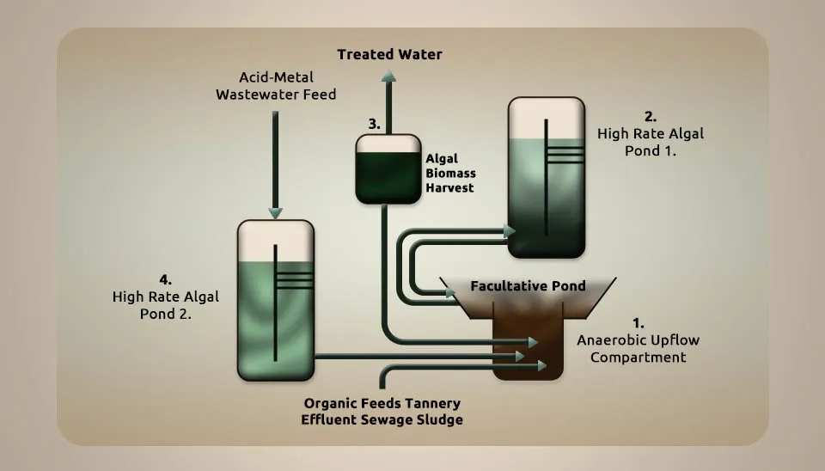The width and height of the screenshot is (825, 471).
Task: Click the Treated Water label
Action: pyautogui.click(x=389, y=54)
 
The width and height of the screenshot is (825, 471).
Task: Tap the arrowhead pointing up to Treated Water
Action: pyautogui.click(x=388, y=76)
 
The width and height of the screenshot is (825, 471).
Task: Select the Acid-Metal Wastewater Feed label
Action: pyautogui.click(x=276, y=86)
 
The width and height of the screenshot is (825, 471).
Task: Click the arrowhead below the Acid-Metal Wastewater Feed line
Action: pyautogui.click(x=275, y=213)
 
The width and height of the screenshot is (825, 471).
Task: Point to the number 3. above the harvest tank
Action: pyautogui.click(x=374, y=125)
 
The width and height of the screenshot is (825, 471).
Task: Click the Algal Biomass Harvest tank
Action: pyautogui.click(x=388, y=169)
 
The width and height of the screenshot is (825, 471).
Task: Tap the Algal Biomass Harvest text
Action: pyautogui.click(x=450, y=173)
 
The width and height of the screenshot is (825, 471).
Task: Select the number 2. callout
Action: pyautogui.click(x=651, y=116)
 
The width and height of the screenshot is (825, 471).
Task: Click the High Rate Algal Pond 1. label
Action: pyautogui.click(x=651, y=142)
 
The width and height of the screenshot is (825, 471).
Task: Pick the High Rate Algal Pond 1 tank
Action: pyautogui.click(x=547, y=177)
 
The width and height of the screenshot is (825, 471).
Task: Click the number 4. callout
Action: pyautogui.click(x=165, y=279)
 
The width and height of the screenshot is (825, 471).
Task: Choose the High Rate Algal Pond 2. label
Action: pyautogui.click(x=165, y=305)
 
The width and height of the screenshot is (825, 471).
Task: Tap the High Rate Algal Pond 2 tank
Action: pyautogui.click(x=276, y=300)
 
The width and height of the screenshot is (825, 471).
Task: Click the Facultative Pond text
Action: pyautogui.click(x=528, y=285)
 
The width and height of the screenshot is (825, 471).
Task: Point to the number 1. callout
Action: pyautogui.click(x=639, y=322)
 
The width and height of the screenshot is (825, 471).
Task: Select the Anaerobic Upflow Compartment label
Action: pyautogui.click(x=639, y=348)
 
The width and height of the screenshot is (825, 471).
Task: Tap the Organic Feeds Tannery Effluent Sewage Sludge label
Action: pyautogui.click(x=382, y=412)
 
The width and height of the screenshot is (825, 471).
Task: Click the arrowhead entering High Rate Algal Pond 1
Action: pyautogui.click(x=510, y=230)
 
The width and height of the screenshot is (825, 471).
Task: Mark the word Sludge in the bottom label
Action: pyautogui.click(x=440, y=420)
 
